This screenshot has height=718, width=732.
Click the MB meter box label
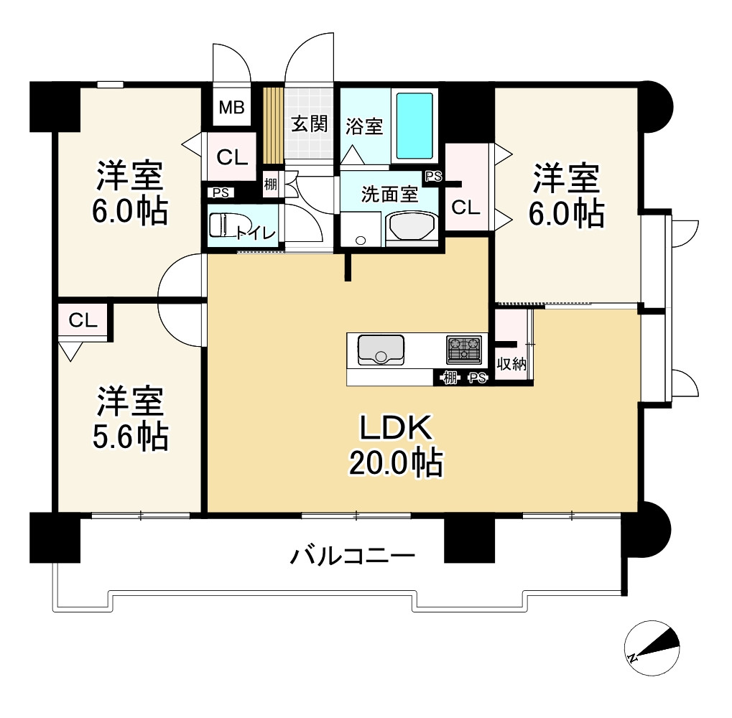click(x=232, y=108)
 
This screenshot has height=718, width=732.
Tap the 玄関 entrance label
click(x=310, y=123)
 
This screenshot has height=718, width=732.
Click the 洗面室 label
click(x=389, y=194)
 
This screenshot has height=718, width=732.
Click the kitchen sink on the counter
click(x=381, y=350)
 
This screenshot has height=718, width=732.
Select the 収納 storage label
click(x=511, y=364)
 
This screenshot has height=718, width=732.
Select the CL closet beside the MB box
click(x=232, y=157)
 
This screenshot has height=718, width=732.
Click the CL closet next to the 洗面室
click(x=465, y=208)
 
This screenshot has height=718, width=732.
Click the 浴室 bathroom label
click(x=363, y=126)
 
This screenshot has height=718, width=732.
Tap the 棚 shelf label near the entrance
click(x=270, y=183)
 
